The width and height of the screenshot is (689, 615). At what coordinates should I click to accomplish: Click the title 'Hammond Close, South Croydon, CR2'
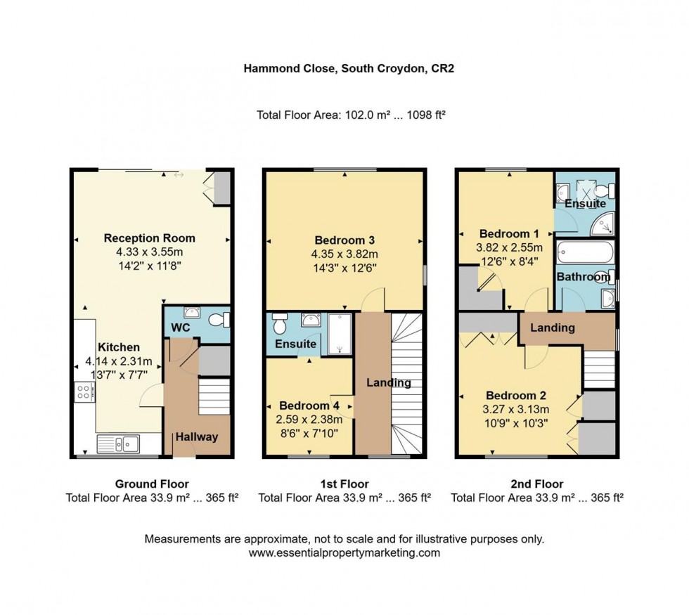click(344, 68)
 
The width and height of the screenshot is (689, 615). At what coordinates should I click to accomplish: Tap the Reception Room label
click(150, 238)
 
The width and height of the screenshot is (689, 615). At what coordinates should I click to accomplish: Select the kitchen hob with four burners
click(83, 391)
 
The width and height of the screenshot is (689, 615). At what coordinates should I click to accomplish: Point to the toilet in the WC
click(219, 320)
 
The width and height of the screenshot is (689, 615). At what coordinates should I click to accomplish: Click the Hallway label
click(197, 436)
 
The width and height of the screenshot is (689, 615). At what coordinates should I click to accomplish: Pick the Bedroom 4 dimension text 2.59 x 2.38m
click(309, 420)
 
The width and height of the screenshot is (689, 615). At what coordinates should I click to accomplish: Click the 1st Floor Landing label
click(389, 383)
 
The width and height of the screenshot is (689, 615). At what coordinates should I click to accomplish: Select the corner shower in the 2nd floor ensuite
click(603, 224)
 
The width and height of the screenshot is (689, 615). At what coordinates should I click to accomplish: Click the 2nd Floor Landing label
click(553, 328)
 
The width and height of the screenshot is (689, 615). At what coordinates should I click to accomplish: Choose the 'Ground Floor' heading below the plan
click(152, 484)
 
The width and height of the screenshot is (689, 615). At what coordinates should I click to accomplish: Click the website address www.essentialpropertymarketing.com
click(344, 553)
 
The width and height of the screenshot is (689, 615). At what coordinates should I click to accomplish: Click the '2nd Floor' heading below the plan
click(536, 484)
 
